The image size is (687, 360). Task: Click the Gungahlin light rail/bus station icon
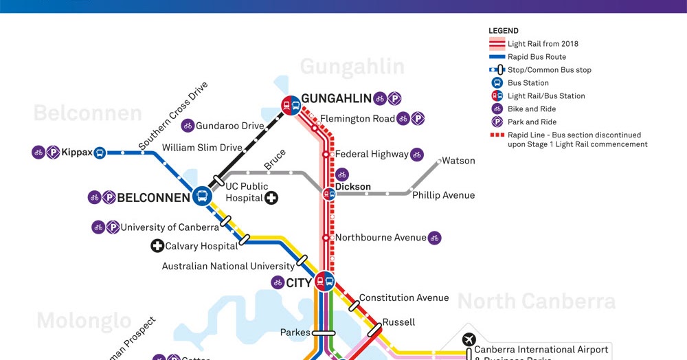click(x=291, y=105)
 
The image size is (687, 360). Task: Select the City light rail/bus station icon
click(x=324, y=281)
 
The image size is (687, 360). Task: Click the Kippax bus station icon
click(x=100, y=153)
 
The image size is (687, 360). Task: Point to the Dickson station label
click(x=352, y=187)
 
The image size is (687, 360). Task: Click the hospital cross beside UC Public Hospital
click(x=272, y=198)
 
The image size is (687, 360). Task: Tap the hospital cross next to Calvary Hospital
click(x=157, y=246)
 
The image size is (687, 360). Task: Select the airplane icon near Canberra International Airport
click(x=469, y=339)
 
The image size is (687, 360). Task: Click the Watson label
click(x=458, y=161)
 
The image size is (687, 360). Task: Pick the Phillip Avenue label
click(x=443, y=195)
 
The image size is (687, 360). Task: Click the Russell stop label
click(x=398, y=322)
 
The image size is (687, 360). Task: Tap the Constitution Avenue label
click(x=404, y=298)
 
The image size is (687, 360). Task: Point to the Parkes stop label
click(x=295, y=333)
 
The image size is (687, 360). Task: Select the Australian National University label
click(x=227, y=266)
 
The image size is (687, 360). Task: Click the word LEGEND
click(x=504, y=31)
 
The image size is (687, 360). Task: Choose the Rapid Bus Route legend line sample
click(x=497, y=57)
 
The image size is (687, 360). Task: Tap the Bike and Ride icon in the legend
click(x=497, y=109)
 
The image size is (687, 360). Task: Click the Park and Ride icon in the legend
click(x=497, y=122)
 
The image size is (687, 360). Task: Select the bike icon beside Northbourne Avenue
click(x=434, y=238)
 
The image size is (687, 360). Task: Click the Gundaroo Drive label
click(x=229, y=126)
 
